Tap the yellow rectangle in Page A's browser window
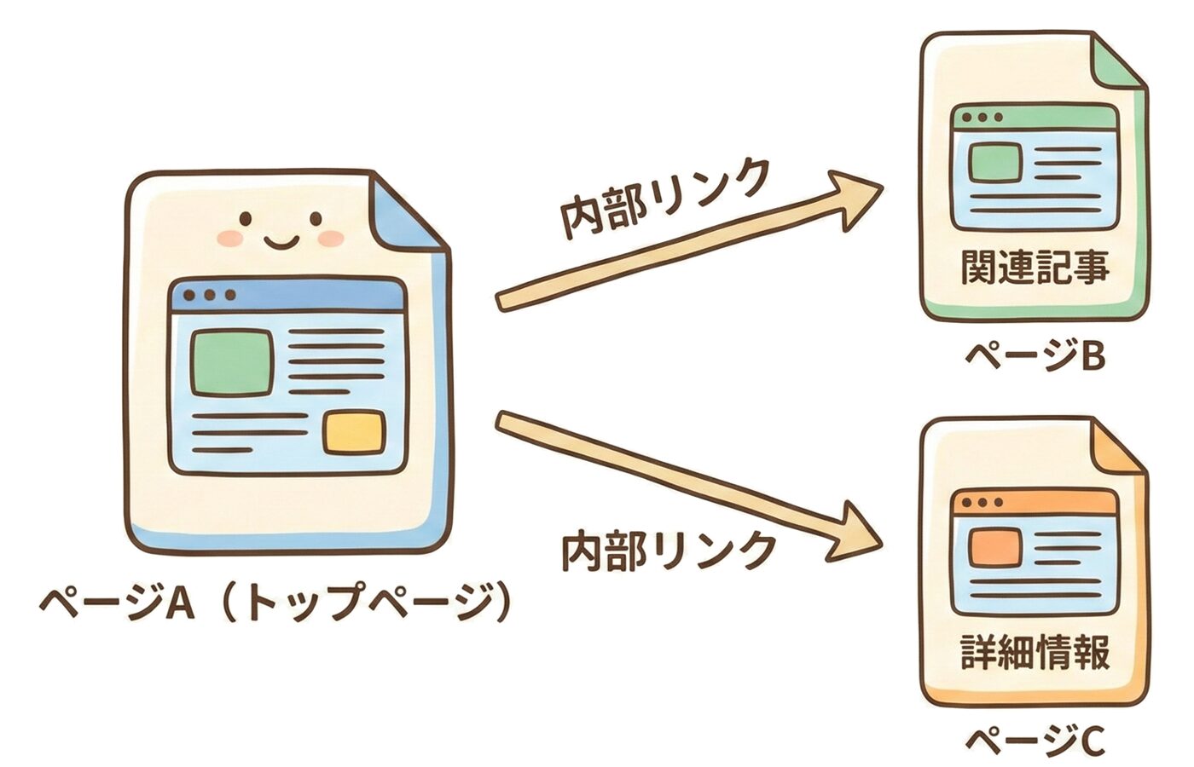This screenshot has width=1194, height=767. pyautogui.click(x=352, y=432)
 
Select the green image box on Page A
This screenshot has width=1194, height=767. pyautogui.click(x=231, y=363)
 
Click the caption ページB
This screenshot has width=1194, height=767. pyautogui.click(x=1035, y=356)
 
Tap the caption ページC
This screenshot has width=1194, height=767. pyautogui.click(x=1035, y=740)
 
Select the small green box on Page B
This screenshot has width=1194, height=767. pyautogui.click(x=995, y=162)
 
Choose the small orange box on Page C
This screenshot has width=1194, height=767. pyautogui.click(x=995, y=547)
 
